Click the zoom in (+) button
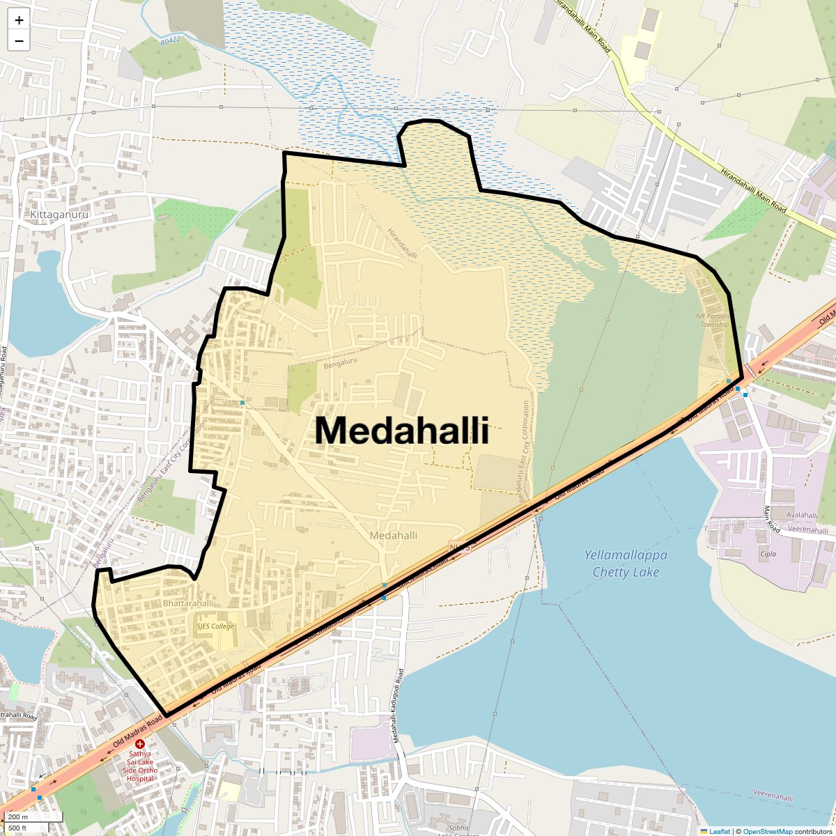pos(19,20)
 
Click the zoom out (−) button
pos(19,41)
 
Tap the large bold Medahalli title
pos(402,430)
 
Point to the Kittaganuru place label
pos(59,215)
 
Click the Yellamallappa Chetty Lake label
pos(626,564)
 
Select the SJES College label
pos(215,626)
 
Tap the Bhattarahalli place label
pos(188,603)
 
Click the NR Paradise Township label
pos(713,320)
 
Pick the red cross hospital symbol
pos(140,744)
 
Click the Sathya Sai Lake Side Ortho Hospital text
pos(140,766)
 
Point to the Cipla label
pos(768,555)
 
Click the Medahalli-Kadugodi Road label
pos(398,705)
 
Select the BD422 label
pos(170,40)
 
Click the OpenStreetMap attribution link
pos(767,831)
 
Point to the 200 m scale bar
pos(32,817)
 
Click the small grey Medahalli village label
pos(394,535)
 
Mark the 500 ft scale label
pos(18,828)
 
